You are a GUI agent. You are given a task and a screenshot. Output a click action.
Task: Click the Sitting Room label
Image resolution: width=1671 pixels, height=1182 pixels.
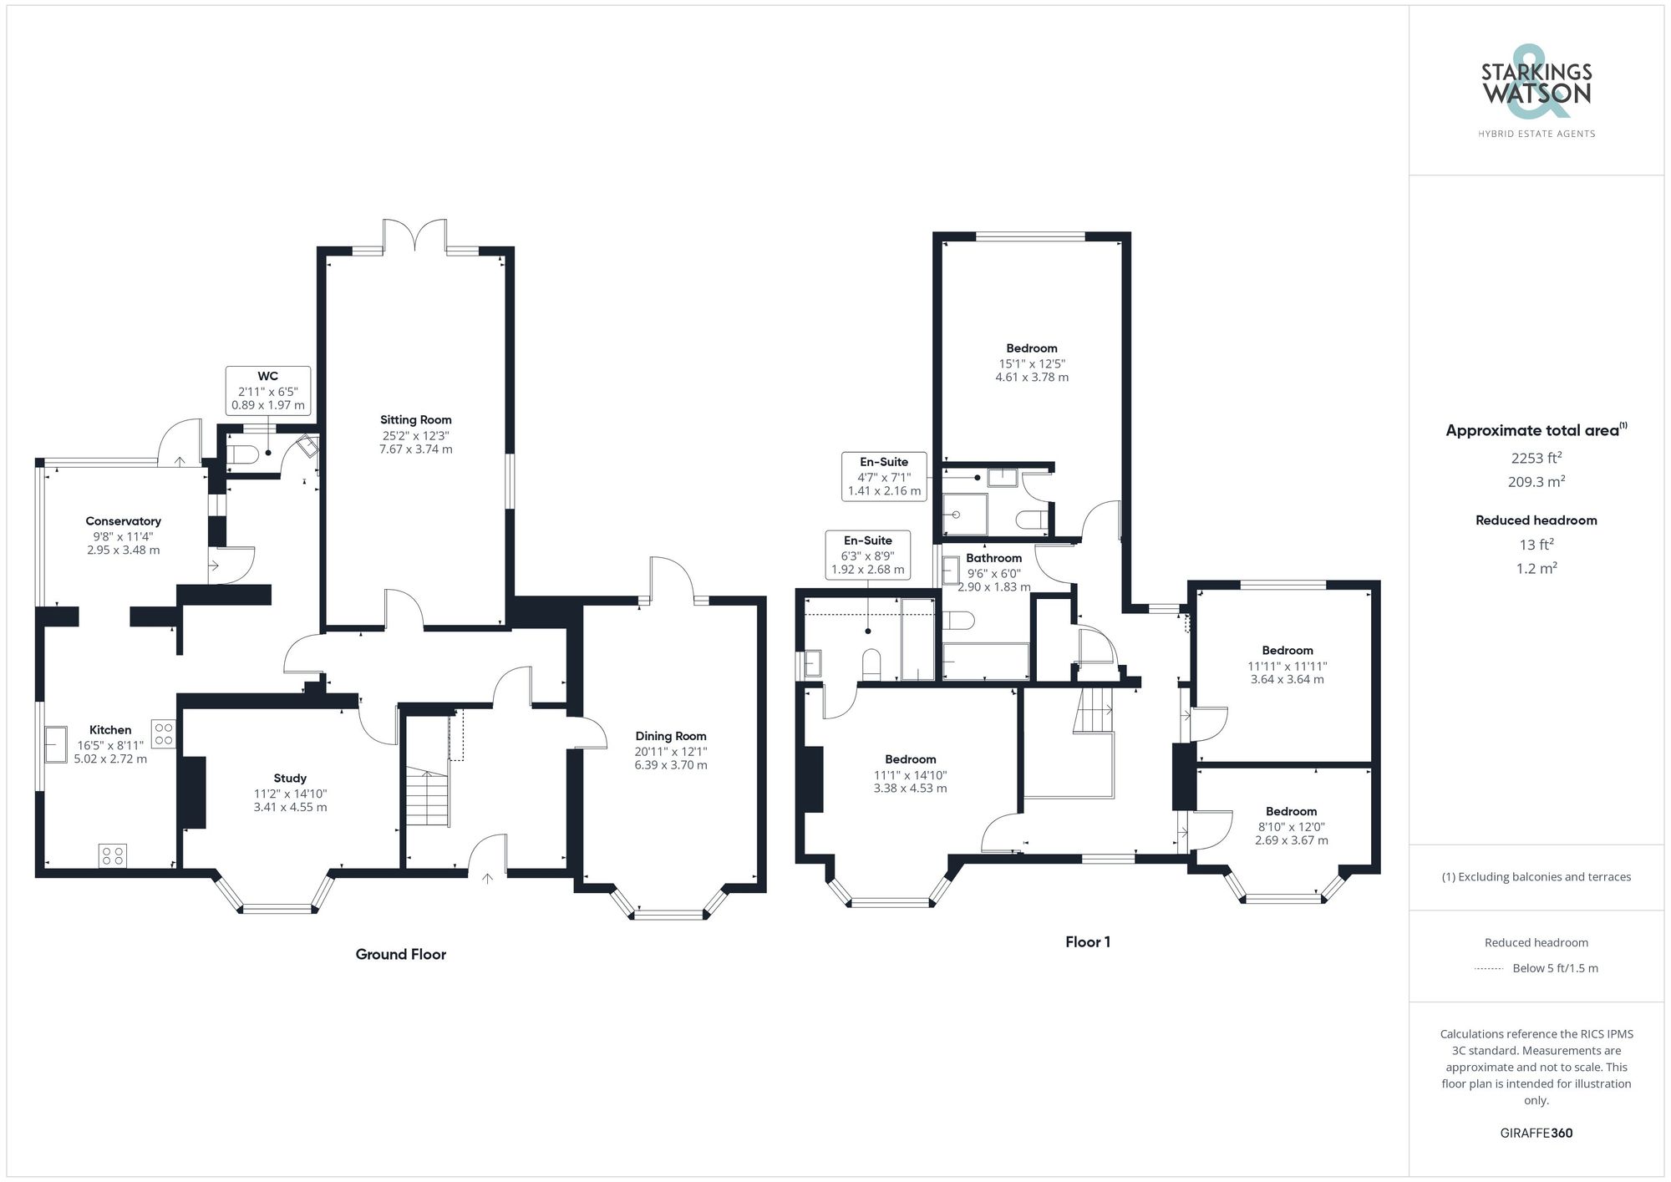[415, 420]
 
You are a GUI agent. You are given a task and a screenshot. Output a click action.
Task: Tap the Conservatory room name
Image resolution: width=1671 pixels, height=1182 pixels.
[123, 521]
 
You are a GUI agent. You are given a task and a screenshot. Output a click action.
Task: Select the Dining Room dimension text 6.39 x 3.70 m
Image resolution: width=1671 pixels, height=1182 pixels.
[670, 765]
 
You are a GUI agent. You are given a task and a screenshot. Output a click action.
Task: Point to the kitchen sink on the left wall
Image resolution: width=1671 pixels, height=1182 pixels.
[57, 744]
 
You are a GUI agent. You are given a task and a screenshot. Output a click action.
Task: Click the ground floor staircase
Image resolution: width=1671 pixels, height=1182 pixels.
[428, 799]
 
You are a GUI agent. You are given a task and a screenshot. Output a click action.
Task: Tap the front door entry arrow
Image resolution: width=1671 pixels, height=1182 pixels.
[487, 877]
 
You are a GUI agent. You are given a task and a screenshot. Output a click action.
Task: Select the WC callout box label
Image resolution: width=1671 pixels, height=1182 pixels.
[267, 377]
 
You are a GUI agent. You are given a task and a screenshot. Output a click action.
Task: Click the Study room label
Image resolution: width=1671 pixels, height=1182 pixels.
[290, 778]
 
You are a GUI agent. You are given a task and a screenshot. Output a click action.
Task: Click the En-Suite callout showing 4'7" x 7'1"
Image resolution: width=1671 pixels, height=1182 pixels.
[884, 476]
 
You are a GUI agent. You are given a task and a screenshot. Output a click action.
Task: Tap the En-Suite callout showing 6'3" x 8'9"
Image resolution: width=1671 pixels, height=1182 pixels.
[867, 555]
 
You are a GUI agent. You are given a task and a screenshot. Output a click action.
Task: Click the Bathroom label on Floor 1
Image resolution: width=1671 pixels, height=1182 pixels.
[993, 558]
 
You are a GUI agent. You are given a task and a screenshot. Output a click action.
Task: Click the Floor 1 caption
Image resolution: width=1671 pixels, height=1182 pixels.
[1087, 942]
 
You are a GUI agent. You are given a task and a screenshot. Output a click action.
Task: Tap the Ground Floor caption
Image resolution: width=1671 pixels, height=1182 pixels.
[400, 955]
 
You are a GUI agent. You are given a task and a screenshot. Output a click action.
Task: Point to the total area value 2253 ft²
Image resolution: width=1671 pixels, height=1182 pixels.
[1536, 458]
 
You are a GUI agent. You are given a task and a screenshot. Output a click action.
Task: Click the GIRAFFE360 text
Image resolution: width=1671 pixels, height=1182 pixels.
[1536, 1133]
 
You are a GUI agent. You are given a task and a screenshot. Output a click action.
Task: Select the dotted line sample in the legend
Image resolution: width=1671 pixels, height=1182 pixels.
[1489, 969]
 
